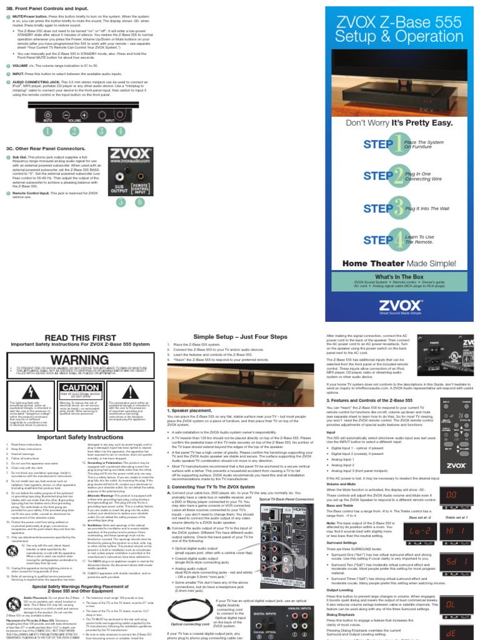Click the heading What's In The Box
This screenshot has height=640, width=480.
coord(398,276)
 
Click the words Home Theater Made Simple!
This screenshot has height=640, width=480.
coord(399,264)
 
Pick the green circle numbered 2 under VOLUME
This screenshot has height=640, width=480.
coord(74,131)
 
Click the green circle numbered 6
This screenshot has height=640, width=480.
coord(140,202)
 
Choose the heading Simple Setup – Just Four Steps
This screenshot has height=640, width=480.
coord(241,337)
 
